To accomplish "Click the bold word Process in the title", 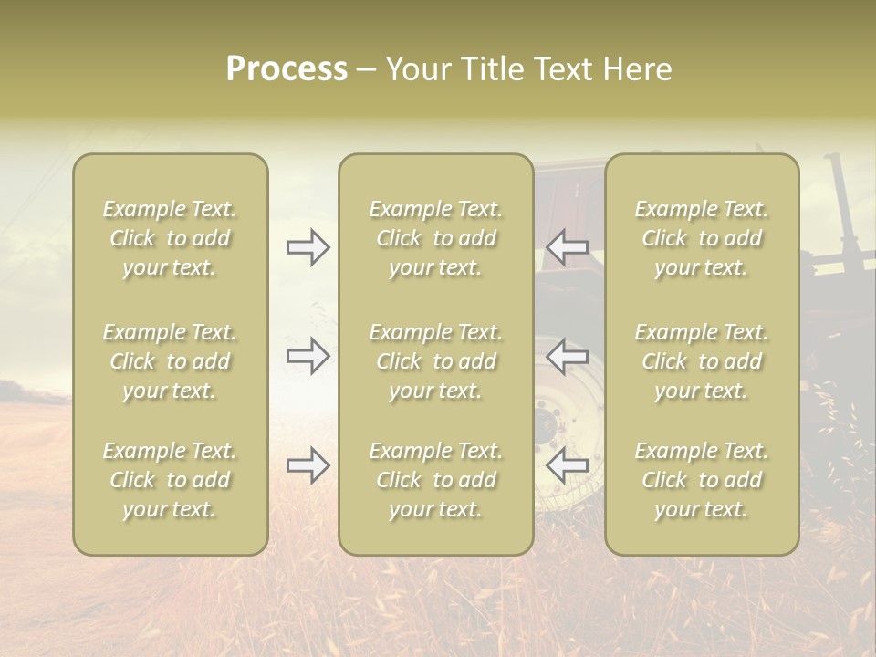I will [x=287, y=69].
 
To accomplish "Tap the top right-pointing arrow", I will [x=308, y=247].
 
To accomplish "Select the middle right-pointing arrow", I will [x=308, y=356].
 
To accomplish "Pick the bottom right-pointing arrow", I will [x=308, y=465].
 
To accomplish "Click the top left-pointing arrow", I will [x=567, y=247].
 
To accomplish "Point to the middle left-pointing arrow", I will [x=567, y=356].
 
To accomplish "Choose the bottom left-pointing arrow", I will [x=567, y=465].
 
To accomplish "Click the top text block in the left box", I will [x=170, y=238].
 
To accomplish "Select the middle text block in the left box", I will [x=170, y=361].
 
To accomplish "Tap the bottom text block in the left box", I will [x=170, y=480].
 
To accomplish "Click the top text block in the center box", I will [x=435, y=238].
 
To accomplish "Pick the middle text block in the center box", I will [x=435, y=361].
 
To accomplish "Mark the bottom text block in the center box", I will [x=435, y=480].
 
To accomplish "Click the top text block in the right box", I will [x=701, y=238].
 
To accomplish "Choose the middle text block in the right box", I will [x=701, y=361].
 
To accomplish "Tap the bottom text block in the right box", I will [x=701, y=480].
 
